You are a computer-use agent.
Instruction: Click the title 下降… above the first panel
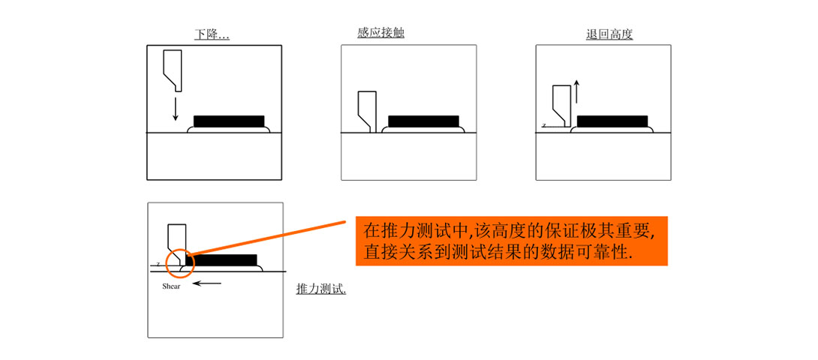[x=212, y=34]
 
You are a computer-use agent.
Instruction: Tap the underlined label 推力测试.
[x=321, y=289]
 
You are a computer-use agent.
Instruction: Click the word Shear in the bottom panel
[x=171, y=286]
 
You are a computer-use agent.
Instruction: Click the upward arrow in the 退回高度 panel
[x=576, y=91]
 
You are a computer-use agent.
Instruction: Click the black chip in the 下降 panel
[x=229, y=121]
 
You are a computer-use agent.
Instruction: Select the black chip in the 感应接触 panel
[x=423, y=121]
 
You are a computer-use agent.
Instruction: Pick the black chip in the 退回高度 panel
[x=612, y=121]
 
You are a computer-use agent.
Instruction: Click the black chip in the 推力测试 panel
[x=221, y=260]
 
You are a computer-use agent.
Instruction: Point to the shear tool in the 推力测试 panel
[x=176, y=240]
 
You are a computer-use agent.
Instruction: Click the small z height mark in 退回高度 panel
[x=543, y=125]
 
